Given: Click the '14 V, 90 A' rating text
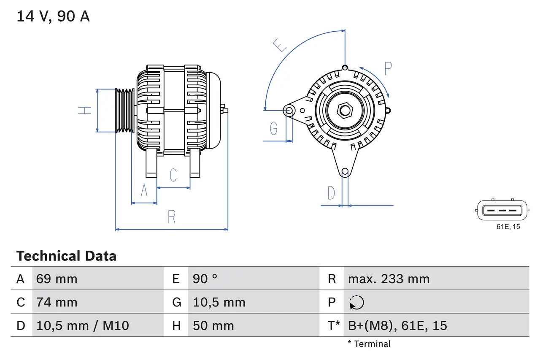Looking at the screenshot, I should tap(53, 16).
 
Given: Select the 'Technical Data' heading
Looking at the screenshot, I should tap(66, 256).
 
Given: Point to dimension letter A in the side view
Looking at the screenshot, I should tap(144, 191).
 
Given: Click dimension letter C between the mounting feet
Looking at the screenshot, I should tap(173, 175).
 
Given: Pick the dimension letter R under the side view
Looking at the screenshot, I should tap(171, 217).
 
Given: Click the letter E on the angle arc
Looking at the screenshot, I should tap(279, 45).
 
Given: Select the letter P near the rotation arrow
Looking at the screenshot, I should tap(388, 68).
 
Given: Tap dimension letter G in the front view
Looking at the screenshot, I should tap(274, 128).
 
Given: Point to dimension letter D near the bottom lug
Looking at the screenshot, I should tap(331, 193).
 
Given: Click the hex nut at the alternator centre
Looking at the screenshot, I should tap(345, 111).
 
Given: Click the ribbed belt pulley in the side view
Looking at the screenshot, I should tap(125, 111).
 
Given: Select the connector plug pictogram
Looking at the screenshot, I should tap(502, 210).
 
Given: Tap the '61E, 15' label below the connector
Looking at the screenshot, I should tap(508, 227).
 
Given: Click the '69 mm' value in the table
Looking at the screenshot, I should tap(57, 279).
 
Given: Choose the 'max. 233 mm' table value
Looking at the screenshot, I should tap(389, 279).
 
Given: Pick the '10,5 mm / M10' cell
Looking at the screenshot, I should tap(83, 325).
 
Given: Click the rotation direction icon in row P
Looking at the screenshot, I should tap(356, 303).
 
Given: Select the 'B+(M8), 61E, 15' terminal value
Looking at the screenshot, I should tap(397, 325).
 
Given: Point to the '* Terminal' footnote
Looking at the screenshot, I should tap(369, 344).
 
